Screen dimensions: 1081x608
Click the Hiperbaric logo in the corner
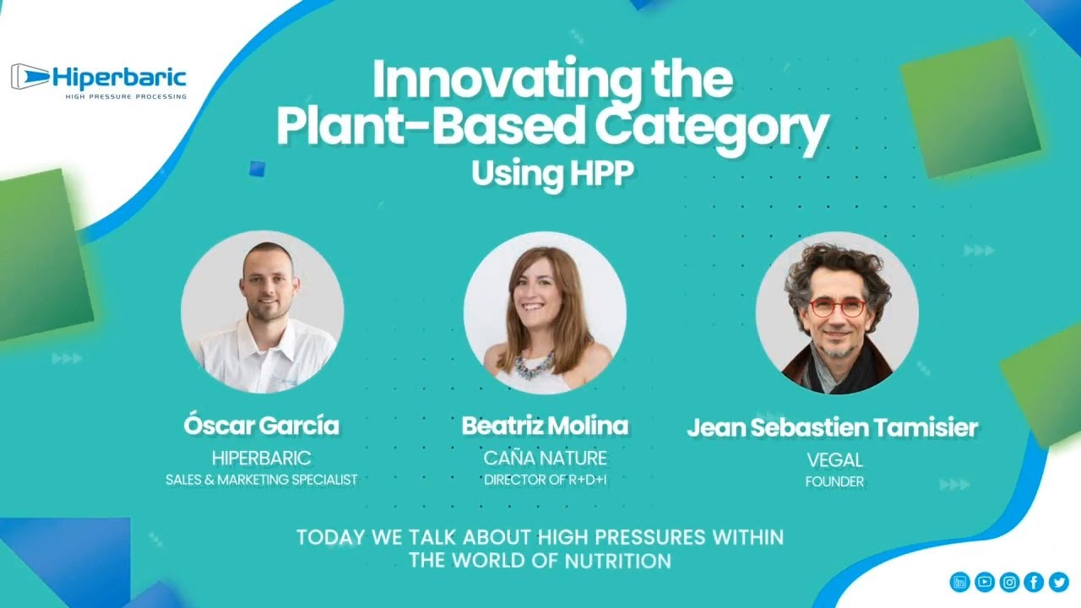99,81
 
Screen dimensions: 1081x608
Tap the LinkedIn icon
959,582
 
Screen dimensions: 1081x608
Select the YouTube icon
985,582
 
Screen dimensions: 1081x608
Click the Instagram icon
1009,582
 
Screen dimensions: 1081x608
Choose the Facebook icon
1034,582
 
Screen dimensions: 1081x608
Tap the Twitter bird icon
1059,582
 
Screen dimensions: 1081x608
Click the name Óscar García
261,425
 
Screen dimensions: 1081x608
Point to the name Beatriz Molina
545,425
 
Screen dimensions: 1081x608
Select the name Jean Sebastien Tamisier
833,427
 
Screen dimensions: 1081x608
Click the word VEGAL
834,460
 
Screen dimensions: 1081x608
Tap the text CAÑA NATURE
545,458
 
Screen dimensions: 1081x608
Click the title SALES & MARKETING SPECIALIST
262,480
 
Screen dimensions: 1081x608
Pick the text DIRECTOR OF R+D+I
546,480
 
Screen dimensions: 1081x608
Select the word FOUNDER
834,481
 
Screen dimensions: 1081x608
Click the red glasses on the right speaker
837,308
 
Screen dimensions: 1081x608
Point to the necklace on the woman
534,366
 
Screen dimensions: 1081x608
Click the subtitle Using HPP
552,173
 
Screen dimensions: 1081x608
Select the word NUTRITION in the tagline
618,561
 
